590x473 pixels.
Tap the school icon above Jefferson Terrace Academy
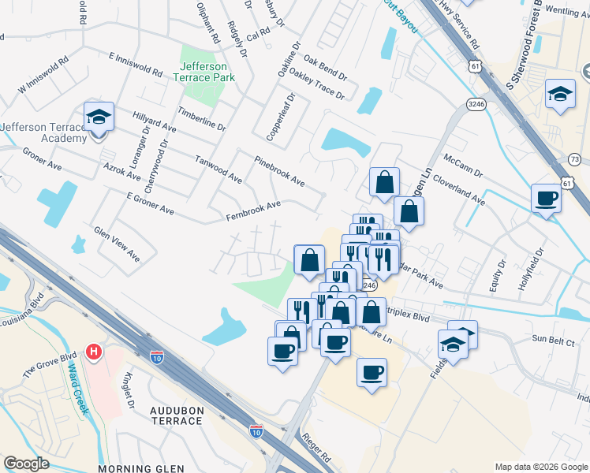coord(99,117)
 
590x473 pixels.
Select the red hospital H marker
coord(93,351)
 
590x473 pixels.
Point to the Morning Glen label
coord(130,468)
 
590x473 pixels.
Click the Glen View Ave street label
coord(117,244)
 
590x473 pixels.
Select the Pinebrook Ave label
coord(279,170)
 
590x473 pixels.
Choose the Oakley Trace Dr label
coord(316,82)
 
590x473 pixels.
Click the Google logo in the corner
coord(26,464)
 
